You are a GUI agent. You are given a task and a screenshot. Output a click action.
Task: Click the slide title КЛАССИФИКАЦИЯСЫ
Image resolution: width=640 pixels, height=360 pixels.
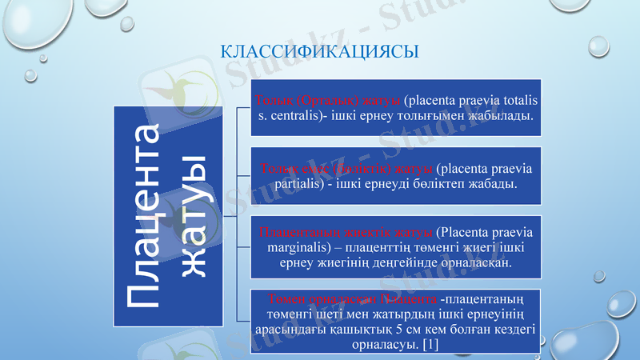tap(319, 53)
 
